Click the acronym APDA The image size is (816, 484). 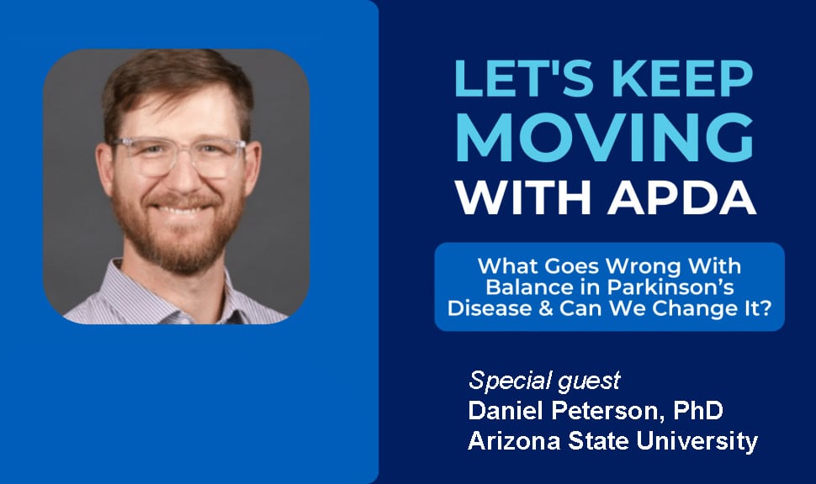(681, 197)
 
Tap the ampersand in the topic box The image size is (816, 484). (545, 308)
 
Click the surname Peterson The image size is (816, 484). (609, 410)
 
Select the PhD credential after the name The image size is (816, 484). (698, 410)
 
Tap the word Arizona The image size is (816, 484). (514, 441)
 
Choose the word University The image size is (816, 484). (697, 441)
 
